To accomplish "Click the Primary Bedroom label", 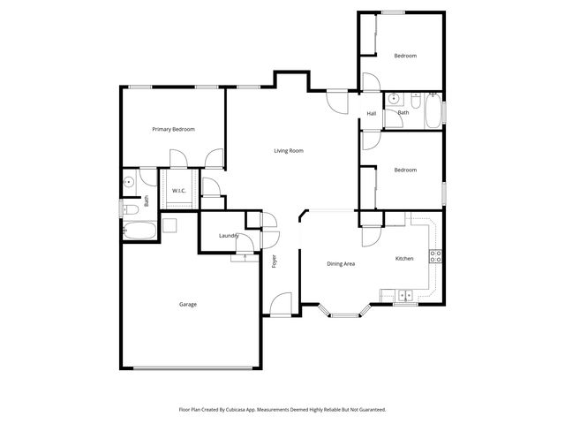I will click(x=173, y=130).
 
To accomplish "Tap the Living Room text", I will click(x=288, y=151).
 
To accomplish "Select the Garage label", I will click(x=188, y=305).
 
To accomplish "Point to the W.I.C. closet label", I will click(x=177, y=191).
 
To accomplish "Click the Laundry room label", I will click(x=229, y=236).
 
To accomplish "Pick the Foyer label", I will click(x=274, y=261).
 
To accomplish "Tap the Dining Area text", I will click(x=341, y=264).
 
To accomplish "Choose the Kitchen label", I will click(x=404, y=259).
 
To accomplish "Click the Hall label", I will click(x=372, y=113).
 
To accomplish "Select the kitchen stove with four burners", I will click(x=435, y=256).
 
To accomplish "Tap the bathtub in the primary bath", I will click(x=139, y=231).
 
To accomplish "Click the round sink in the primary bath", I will click(x=129, y=183).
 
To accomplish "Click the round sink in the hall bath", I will click(x=394, y=98).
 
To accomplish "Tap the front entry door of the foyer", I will click(x=282, y=306).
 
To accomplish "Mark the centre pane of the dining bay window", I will click(x=343, y=314).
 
